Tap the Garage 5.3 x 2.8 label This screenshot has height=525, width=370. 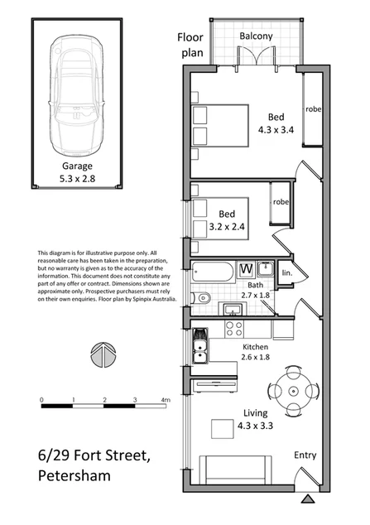78,171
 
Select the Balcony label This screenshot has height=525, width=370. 257,37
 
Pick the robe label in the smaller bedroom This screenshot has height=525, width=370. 281,201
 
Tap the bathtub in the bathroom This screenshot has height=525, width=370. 213,272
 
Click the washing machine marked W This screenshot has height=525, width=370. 246,269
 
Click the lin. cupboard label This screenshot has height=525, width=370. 287,272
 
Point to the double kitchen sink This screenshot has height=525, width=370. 200,348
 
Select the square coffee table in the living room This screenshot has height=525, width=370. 222,429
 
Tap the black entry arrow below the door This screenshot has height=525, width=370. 308,499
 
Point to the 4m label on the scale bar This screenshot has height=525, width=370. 166,400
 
